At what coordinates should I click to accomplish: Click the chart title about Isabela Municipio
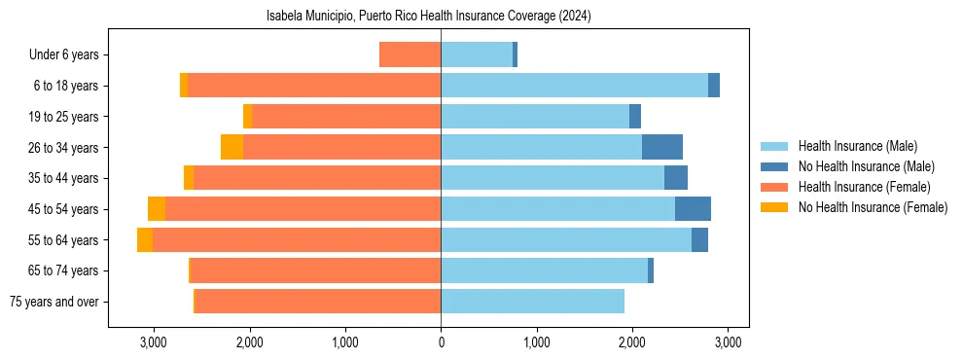pos(428,17)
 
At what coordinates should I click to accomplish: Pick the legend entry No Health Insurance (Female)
pos(873,207)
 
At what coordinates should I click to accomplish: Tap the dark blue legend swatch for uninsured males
pos(775,166)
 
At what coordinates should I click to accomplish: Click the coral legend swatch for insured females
pos(775,187)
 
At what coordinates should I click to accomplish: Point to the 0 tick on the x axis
pos(441,342)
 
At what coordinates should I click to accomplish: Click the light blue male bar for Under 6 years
pos(477,54)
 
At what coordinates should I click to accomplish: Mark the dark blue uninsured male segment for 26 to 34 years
pos(662,147)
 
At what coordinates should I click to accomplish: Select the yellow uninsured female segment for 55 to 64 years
pos(145,239)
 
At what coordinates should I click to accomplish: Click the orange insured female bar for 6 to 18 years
pos(313,86)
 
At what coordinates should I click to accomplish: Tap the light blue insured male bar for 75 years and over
pos(532,302)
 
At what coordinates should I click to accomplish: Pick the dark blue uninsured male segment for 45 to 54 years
pos(693,209)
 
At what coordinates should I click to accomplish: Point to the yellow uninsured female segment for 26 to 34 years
pos(232,147)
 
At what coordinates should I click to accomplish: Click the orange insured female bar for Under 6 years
pos(410,54)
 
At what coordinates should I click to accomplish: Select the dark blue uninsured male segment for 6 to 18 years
pos(714,86)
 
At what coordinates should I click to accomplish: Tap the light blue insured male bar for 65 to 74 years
pos(544,270)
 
